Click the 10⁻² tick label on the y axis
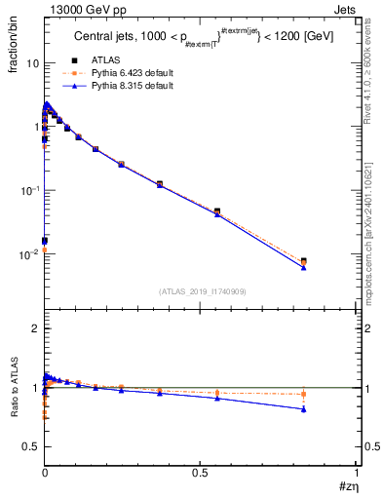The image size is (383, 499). coord(29,254)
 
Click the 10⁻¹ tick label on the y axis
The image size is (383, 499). coord(29,190)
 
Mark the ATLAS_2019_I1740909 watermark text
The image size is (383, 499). coord(201,290)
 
